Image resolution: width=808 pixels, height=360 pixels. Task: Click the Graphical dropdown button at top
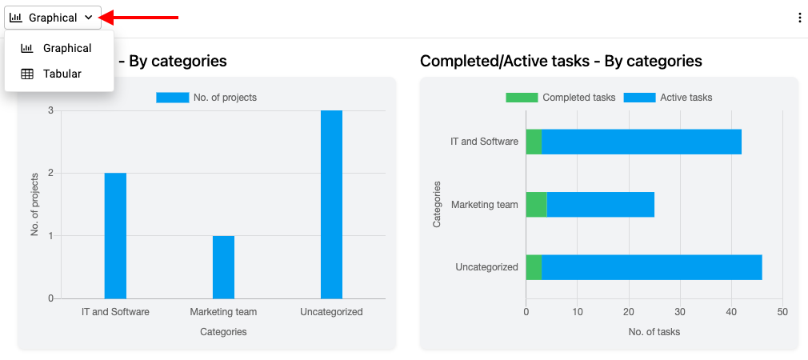(x=53, y=18)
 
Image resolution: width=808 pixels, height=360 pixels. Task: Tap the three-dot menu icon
(x=799, y=18)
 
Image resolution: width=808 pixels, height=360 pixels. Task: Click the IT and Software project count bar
(x=115, y=236)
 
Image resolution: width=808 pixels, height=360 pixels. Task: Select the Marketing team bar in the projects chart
(x=224, y=267)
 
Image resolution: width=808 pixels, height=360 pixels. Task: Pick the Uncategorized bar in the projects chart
(x=331, y=205)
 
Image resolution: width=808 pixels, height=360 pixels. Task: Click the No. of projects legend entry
(x=206, y=98)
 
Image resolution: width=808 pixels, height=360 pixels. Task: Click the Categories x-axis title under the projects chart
(x=223, y=332)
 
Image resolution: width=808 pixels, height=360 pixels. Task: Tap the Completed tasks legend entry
(x=561, y=98)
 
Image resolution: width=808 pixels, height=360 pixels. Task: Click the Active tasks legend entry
(x=668, y=98)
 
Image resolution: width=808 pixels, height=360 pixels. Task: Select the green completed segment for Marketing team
(x=537, y=205)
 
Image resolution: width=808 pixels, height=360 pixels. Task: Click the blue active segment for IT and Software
(x=642, y=142)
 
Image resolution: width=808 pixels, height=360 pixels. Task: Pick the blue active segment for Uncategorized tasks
(x=652, y=267)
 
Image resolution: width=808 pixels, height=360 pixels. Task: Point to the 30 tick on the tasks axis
(x=680, y=311)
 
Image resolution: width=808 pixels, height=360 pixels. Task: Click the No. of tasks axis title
(x=654, y=332)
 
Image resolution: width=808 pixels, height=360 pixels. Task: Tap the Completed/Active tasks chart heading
(x=561, y=62)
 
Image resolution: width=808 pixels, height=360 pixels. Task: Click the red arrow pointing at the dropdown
(x=138, y=18)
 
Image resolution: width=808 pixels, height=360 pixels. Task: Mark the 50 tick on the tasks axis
(x=782, y=311)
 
